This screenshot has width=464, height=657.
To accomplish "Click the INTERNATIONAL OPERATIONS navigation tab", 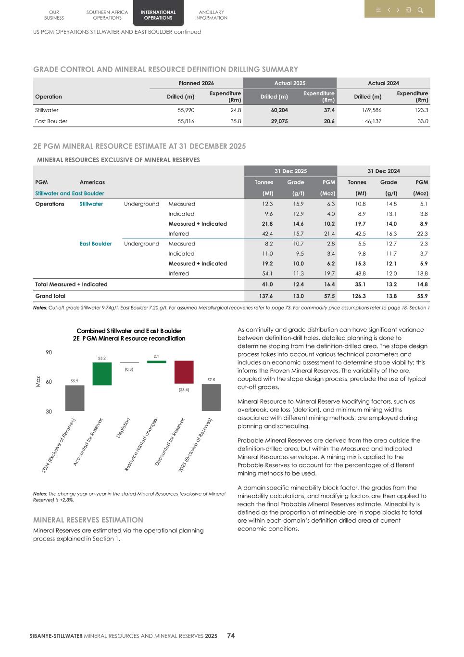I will tap(158, 15).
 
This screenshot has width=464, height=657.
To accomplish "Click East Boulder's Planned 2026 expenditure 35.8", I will tap(236, 121).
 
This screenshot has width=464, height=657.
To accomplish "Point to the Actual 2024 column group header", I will tap(383, 83).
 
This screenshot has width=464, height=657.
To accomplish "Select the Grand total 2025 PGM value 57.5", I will tap(329, 296).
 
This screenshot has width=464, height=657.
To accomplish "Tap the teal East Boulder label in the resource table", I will tap(96, 244).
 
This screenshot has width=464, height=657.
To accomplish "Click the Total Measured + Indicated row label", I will tap(71, 284).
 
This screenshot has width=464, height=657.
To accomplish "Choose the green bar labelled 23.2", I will tap(102, 374).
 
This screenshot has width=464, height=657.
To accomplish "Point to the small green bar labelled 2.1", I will tap(156, 361).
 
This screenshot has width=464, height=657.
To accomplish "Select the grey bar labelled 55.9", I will tap(75, 398).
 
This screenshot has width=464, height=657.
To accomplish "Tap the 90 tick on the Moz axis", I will tap(49, 353).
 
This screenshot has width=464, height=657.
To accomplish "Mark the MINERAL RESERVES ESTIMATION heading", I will tap(88, 520).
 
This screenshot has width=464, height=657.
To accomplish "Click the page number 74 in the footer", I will tap(231, 636).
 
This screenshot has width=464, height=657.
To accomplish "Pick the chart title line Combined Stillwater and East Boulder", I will tap(129, 331).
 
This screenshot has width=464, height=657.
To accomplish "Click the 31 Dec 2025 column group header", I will tap(290, 171).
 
